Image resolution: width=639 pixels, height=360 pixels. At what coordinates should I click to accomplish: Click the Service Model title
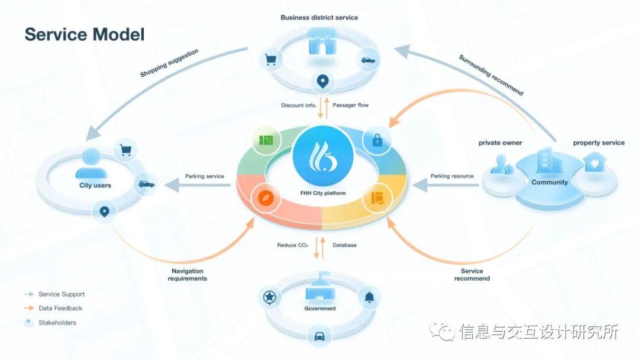pos(85,34)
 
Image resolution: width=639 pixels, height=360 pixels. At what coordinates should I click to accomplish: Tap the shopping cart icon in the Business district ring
pos(270,59)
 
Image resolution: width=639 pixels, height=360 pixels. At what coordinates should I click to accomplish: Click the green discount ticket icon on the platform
pos(264,140)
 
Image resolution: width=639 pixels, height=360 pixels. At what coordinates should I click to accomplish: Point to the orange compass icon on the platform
pos(264,198)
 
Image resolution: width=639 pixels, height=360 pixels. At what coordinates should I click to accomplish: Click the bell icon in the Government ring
pos(369,297)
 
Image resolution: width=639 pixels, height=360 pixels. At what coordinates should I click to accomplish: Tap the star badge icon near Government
pos(270,297)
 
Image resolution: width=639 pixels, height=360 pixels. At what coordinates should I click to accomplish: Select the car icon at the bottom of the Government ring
pos(319,336)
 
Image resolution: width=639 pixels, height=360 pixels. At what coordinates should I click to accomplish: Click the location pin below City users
pos(105,211)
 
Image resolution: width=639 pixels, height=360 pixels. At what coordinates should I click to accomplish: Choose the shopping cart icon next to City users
pos(125,150)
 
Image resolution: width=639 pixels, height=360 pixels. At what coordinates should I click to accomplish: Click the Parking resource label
pos(452,176)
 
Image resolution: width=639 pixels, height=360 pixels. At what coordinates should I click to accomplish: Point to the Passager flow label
pos(350,105)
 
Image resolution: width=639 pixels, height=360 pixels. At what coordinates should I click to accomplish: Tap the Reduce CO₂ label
pos(292,245)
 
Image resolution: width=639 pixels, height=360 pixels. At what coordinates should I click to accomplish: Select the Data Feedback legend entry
pos(60,308)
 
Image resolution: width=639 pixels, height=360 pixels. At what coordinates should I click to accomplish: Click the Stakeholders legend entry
pos(57,323)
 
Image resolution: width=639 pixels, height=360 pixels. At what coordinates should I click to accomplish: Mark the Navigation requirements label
pos(188,275)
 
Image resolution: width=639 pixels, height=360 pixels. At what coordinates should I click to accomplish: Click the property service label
pos(598,143)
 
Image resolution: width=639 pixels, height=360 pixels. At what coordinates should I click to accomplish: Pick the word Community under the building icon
pos(549,182)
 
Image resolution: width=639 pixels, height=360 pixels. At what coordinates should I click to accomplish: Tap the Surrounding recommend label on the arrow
pos(491,75)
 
